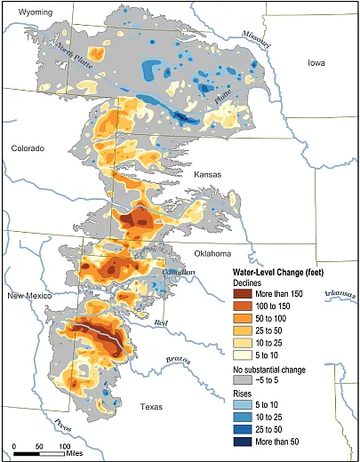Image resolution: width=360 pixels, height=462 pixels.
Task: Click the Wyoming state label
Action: [x=30, y=13]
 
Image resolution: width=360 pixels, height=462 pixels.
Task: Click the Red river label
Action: [x=161, y=323]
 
